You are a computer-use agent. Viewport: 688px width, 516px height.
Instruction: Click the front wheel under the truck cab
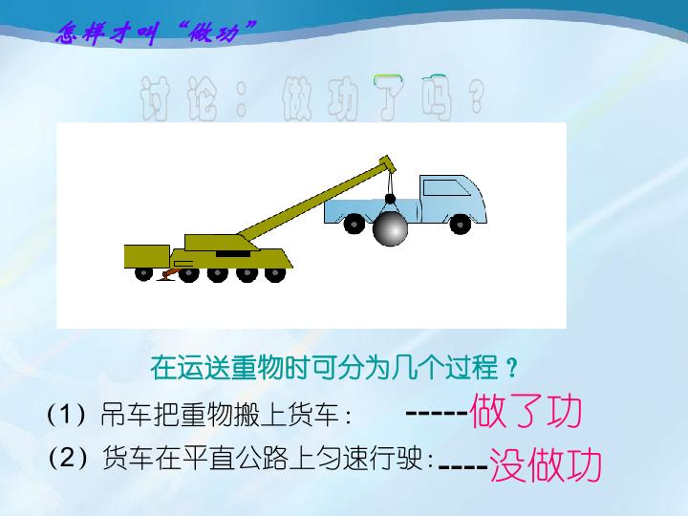(x=462, y=222)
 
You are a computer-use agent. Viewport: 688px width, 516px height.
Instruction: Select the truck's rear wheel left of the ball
(x=354, y=224)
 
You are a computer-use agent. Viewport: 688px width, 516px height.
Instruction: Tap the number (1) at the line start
(x=66, y=416)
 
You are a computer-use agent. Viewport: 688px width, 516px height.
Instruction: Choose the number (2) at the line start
(x=66, y=459)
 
